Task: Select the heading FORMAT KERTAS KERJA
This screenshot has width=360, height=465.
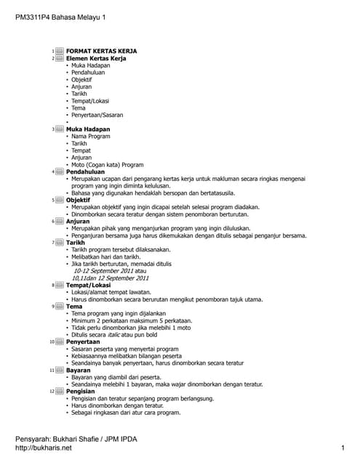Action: pos(102,51)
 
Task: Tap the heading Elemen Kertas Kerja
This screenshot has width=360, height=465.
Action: pos(100,58)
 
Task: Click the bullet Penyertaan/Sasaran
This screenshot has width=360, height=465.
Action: pos(97,115)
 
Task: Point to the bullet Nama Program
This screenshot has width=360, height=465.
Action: pos(91,136)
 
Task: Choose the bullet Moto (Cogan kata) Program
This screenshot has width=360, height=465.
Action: pos(108,164)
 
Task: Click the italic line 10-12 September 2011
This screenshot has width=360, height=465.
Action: pos(106,270)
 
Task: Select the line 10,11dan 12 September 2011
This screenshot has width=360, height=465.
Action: pos(110,278)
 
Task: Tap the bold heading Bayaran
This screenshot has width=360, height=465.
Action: pos(79,370)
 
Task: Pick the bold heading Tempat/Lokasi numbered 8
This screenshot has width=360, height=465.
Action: pos(89,285)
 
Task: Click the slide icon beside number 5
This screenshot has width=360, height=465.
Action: pos(60,200)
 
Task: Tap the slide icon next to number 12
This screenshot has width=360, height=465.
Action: pos(60,391)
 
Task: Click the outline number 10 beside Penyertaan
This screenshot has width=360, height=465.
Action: pos(52,341)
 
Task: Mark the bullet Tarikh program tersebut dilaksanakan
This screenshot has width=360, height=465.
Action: pos(120,249)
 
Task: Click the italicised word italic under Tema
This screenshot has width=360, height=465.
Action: pos(119,334)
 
